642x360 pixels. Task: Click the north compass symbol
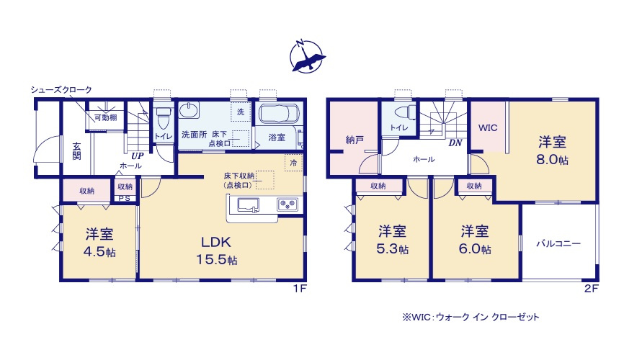(x=308, y=55)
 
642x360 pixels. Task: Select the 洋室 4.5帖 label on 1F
(x=99, y=243)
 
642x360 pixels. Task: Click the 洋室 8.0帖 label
(x=552, y=150)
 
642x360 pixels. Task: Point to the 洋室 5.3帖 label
(x=393, y=240)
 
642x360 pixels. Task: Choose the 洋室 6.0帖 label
(x=475, y=240)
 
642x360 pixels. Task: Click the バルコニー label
(x=558, y=244)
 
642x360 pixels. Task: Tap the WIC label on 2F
(x=488, y=127)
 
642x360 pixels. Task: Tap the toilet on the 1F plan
(x=162, y=115)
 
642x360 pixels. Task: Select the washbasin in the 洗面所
(x=189, y=110)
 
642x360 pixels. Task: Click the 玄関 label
(x=76, y=151)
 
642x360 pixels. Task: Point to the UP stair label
(x=136, y=154)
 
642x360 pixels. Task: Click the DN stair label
(x=455, y=143)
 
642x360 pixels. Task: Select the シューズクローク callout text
(x=61, y=89)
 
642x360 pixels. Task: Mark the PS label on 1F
(x=125, y=199)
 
